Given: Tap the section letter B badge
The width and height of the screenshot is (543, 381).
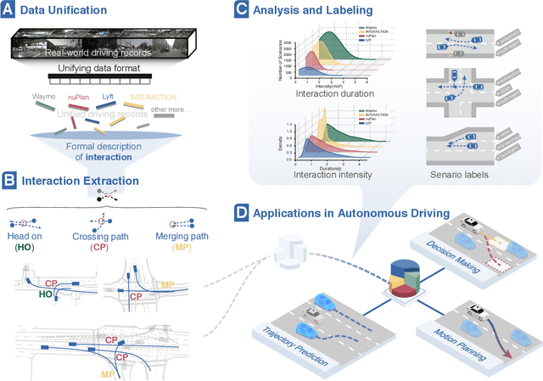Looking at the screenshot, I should tap(9, 180).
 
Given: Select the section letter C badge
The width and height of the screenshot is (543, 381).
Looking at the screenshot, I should tap(241, 11).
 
